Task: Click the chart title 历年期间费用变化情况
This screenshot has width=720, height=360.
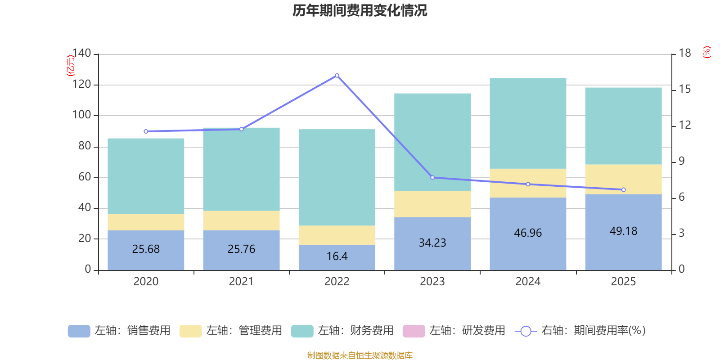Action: [360, 10]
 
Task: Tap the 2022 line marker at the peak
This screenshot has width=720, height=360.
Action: [337, 76]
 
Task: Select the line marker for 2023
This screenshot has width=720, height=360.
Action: [432, 177]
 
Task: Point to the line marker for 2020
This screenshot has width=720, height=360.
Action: [146, 131]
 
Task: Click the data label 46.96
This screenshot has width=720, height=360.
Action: [528, 233]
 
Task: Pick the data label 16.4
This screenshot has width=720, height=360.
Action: [337, 256]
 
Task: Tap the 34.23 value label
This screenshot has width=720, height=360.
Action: [432, 243]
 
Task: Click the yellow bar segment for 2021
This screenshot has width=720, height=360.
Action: [241, 220]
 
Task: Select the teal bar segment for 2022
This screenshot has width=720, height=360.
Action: [337, 177]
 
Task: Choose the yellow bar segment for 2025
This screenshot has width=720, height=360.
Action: [623, 179]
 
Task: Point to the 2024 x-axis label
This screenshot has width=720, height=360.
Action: [528, 282]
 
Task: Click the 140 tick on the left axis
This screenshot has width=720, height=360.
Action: [82, 54]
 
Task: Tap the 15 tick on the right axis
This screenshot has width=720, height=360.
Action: [685, 89]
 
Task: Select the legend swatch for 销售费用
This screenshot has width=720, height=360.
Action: [79, 331]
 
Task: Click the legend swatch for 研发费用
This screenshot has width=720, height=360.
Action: [414, 331]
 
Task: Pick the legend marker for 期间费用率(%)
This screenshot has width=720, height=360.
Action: [526, 331]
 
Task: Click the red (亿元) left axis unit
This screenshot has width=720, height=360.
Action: [71, 66]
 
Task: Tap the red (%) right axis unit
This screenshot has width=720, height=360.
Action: [707, 52]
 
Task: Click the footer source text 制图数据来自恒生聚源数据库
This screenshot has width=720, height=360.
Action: [360, 355]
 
